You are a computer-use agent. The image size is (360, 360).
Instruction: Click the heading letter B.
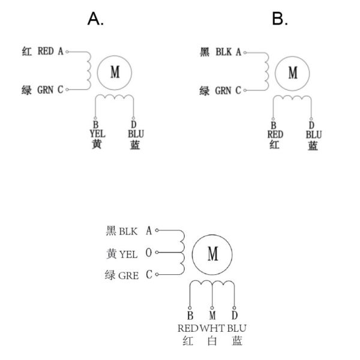(x=280, y=19)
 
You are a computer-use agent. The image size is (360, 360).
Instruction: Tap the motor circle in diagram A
(x=115, y=73)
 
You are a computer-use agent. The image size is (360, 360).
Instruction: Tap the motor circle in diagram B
(x=293, y=73)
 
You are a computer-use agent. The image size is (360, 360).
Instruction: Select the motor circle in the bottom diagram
(x=212, y=254)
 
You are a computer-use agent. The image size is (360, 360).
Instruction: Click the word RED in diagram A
(x=46, y=52)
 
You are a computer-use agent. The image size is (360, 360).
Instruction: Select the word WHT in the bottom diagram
(x=212, y=328)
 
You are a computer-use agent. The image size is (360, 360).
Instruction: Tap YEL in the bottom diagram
(x=128, y=253)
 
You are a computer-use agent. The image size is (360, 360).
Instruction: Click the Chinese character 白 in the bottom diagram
(x=212, y=341)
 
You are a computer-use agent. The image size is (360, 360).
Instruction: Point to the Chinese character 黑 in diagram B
(x=204, y=52)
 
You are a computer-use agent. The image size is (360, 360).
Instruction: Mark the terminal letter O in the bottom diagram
(x=148, y=253)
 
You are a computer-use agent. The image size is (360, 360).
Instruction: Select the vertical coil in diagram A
(x=88, y=70)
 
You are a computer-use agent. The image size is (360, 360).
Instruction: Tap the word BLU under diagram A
(x=134, y=133)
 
